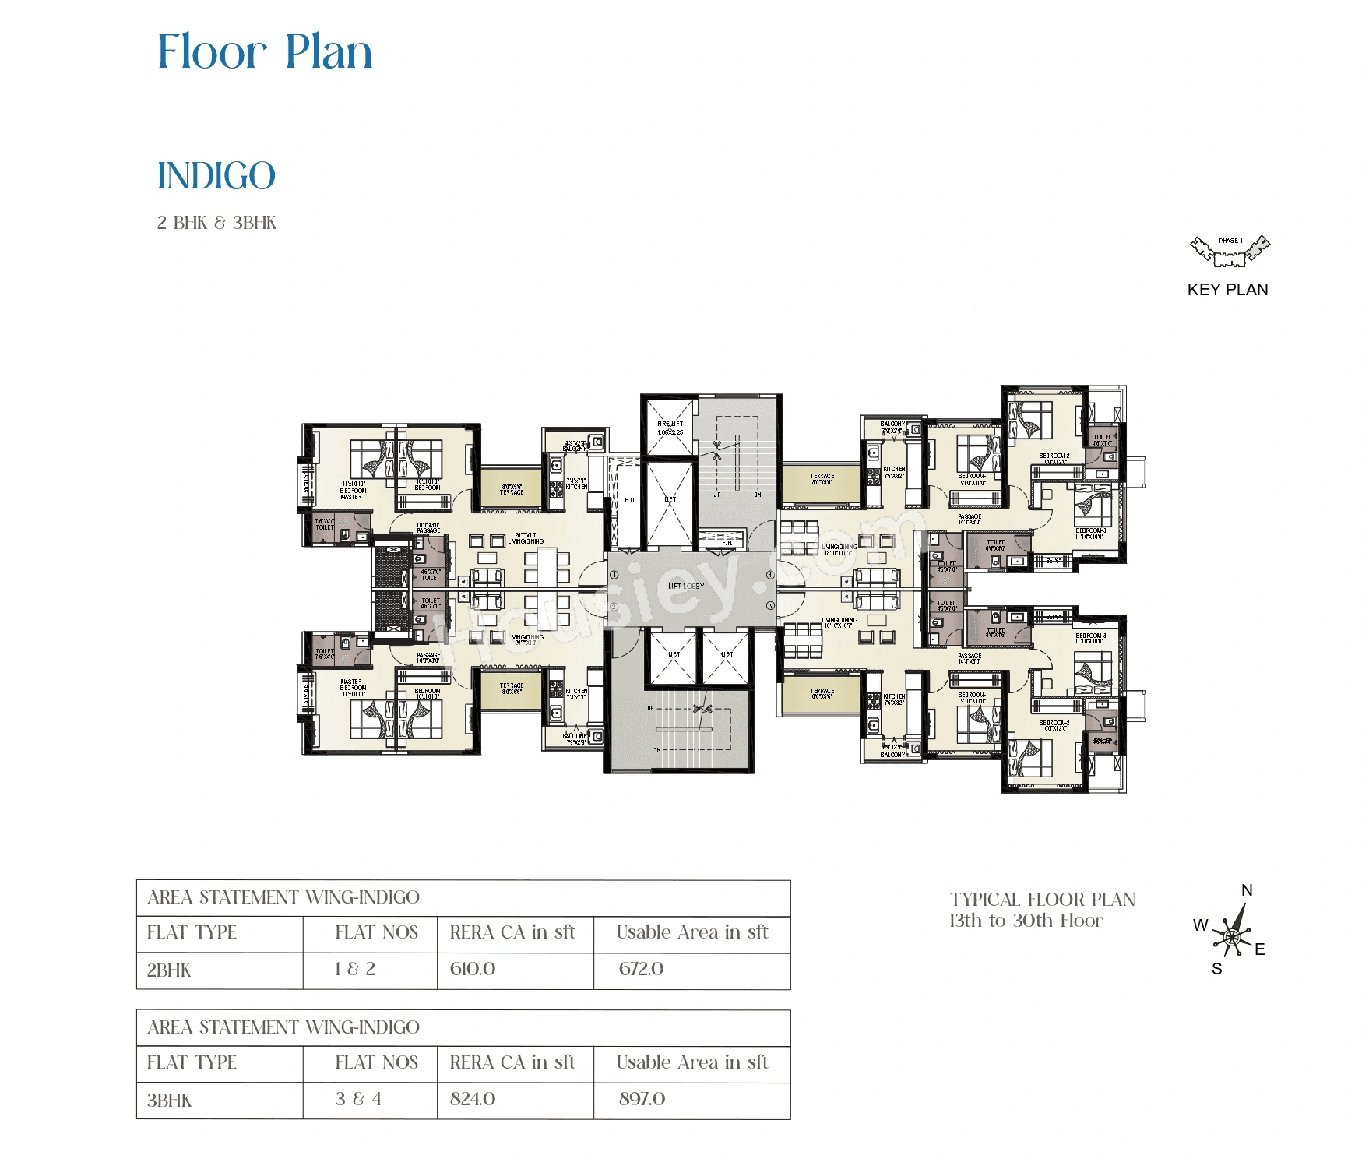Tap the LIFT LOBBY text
click(x=685, y=586)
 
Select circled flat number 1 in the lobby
click(x=614, y=575)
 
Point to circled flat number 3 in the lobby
click(x=770, y=605)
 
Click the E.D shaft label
click(x=629, y=500)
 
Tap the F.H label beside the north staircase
click(x=726, y=542)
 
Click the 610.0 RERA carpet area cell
click(x=473, y=969)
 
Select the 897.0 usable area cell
click(x=642, y=1099)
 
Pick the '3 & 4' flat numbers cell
click(x=358, y=1099)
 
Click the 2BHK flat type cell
click(x=169, y=970)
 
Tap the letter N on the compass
click(x=1247, y=890)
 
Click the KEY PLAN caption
click(x=1227, y=290)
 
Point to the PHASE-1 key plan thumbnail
click(x=1230, y=250)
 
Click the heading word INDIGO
click(x=216, y=176)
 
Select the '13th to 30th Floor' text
click(x=1026, y=921)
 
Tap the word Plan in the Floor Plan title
click(x=329, y=52)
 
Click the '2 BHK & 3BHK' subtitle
click(x=216, y=223)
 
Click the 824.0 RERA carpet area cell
click(x=473, y=1099)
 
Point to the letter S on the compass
click(x=1216, y=969)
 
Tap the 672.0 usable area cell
click(x=641, y=969)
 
